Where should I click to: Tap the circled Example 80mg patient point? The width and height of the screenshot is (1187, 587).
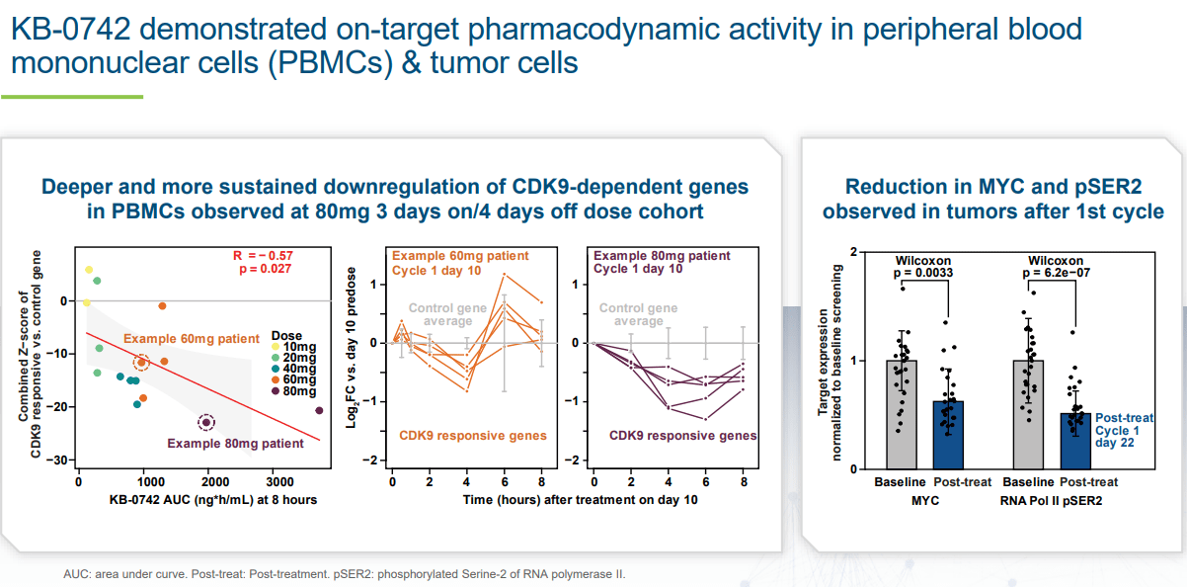pos(205,422)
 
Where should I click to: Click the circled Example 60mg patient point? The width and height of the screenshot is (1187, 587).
pos(141,364)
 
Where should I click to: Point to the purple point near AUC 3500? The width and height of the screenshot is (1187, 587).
pos(318,410)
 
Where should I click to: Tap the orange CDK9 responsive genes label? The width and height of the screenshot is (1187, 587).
pos(472,435)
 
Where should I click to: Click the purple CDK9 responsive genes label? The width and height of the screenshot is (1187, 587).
pos(682,435)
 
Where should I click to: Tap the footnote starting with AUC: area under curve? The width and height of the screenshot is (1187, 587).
pos(345,573)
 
